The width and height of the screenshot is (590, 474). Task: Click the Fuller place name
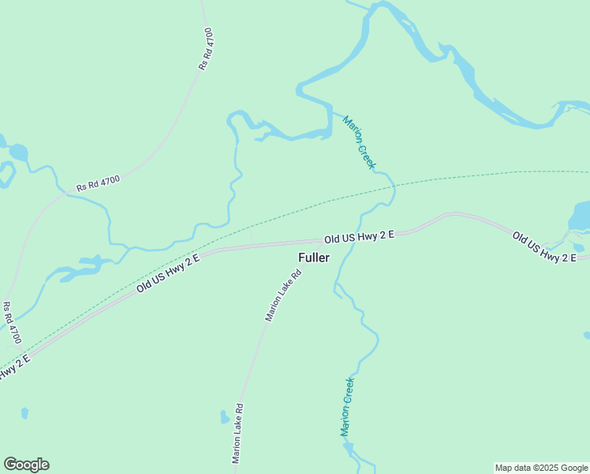[x=314, y=258]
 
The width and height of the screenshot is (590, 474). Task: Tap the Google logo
[x=26, y=465]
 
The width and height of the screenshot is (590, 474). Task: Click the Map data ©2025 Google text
[x=542, y=468]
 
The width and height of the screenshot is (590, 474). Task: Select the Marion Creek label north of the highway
[x=360, y=142]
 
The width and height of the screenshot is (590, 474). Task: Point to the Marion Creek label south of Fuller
[x=347, y=407]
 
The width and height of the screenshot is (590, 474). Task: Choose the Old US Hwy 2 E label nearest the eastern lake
[x=544, y=247]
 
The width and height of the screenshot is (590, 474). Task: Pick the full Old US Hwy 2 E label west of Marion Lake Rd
[x=168, y=274]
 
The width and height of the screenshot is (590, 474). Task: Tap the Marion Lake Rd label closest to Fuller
[x=284, y=296]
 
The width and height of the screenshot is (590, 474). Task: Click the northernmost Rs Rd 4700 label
[x=206, y=49]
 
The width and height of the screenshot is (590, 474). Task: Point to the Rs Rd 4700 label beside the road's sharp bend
[x=98, y=184]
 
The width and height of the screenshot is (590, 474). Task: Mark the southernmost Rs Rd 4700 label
[x=12, y=323]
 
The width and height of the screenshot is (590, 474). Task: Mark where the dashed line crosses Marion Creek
[x=393, y=184]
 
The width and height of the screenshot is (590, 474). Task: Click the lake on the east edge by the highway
[x=581, y=216]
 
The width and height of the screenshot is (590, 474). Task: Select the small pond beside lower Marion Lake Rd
[x=225, y=417]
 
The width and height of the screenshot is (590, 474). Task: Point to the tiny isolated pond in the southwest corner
[x=24, y=413]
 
